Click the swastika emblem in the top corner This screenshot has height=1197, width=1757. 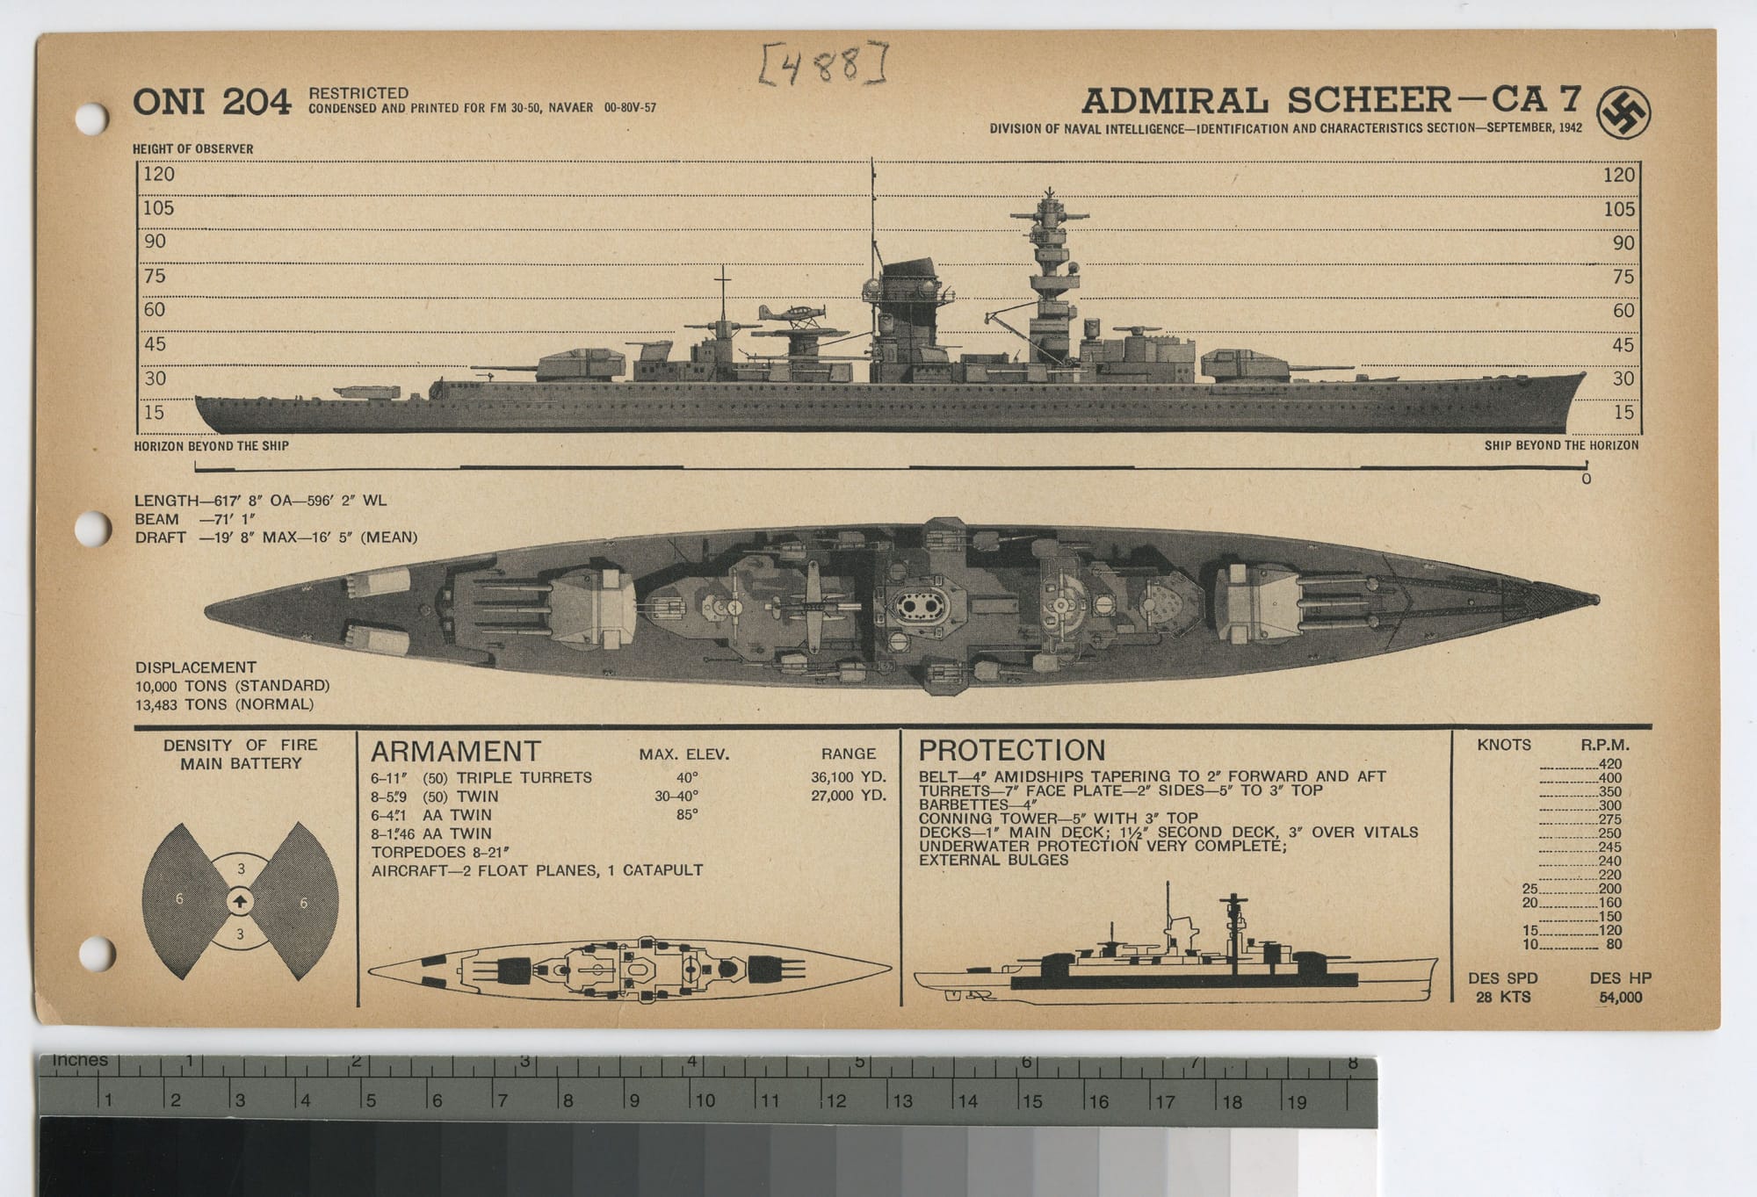[1623, 113]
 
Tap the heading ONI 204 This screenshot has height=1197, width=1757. [212, 103]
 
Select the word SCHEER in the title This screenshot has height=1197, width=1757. [1370, 100]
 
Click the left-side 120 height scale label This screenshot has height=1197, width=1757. [159, 174]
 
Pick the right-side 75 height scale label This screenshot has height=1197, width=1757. [1623, 277]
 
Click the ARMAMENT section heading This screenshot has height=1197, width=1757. [455, 752]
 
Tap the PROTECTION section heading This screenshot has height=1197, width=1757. [1011, 750]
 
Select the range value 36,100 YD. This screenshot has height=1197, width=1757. [849, 777]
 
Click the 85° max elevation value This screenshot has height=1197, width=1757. [687, 814]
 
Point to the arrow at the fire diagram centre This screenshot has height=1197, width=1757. [241, 901]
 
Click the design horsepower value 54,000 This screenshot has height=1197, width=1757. [1620, 997]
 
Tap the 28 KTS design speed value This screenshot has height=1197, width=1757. [1502, 997]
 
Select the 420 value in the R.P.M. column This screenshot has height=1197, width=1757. [1610, 764]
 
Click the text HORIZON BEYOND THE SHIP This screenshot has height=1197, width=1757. [211, 446]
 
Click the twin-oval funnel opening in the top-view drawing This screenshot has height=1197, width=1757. [915, 605]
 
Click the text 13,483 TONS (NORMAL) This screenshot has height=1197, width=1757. [224, 704]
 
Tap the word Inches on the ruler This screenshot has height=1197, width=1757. [80, 1060]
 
